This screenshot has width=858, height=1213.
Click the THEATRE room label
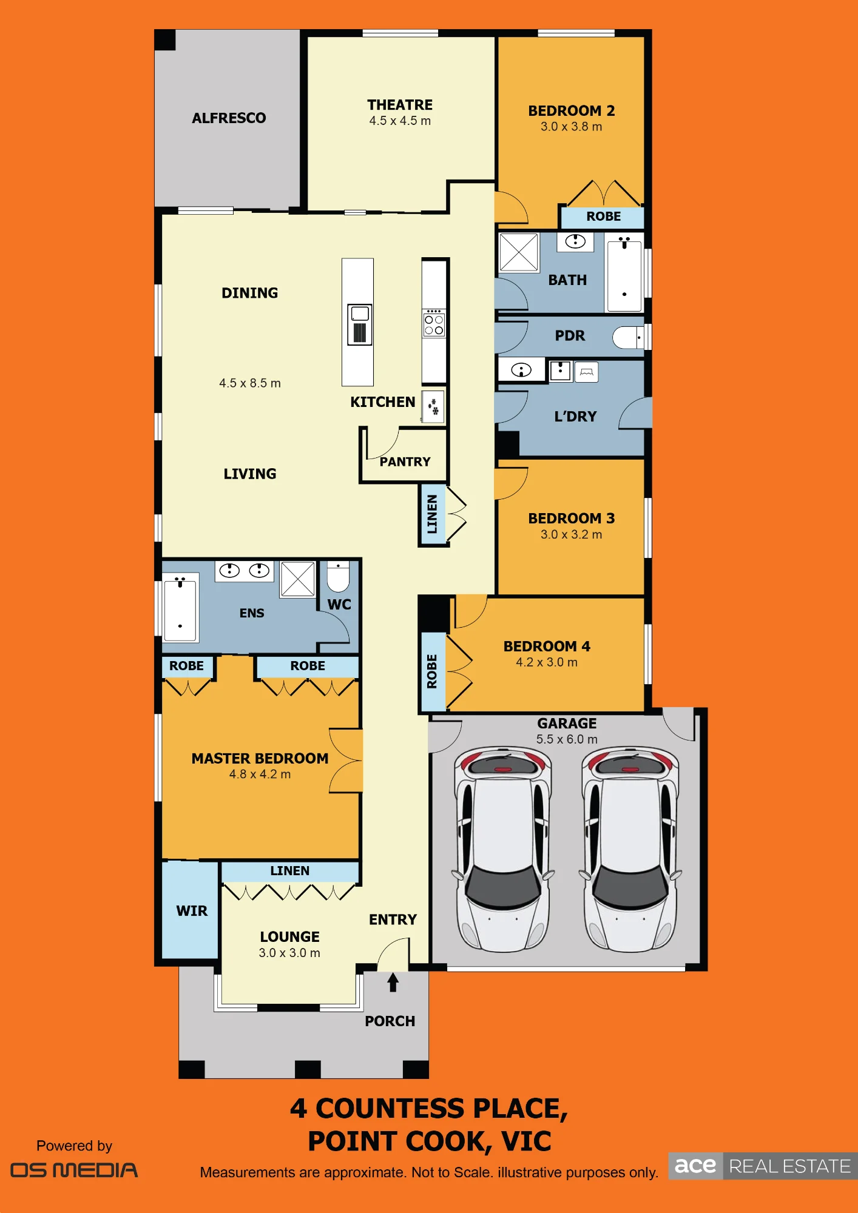tap(400, 105)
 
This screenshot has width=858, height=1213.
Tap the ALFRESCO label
tap(229, 118)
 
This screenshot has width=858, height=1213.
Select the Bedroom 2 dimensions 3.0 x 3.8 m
tap(572, 127)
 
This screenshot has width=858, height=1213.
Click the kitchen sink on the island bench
tap(360, 324)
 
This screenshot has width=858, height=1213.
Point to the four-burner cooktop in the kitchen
tap(434, 323)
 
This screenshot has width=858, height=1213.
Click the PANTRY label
tap(405, 462)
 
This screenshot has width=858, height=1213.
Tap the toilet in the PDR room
tap(627, 337)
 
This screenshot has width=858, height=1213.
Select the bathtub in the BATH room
tap(624, 274)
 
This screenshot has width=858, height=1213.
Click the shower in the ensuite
tap(297, 579)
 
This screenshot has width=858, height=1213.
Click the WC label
tap(339, 605)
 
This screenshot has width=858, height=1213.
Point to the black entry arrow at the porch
tap(393, 982)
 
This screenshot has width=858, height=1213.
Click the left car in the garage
tap(502, 849)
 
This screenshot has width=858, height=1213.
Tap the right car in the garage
tap(630, 849)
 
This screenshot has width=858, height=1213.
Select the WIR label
tap(192, 911)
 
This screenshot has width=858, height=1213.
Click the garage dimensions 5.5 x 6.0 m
tap(567, 739)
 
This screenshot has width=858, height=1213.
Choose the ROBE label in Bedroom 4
tap(432, 671)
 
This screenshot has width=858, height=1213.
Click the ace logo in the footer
tap(695, 1166)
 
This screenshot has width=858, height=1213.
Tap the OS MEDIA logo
tap(74, 1171)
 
